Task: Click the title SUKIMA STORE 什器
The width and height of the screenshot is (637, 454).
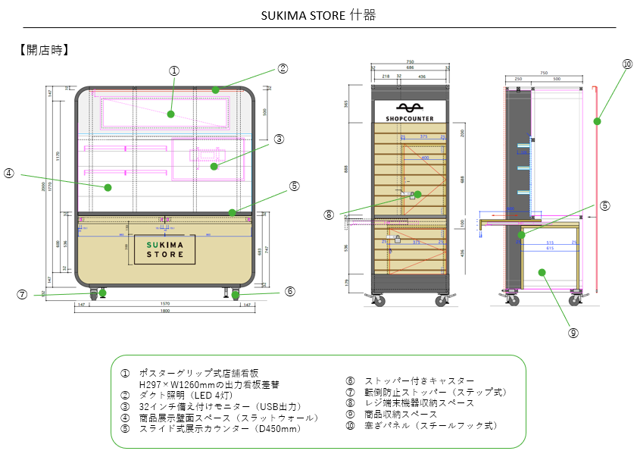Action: click(x=318, y=15)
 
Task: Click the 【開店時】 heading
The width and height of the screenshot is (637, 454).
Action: click(x=44, y=51)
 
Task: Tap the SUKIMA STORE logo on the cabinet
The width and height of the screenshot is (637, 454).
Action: click(x=165, y=249)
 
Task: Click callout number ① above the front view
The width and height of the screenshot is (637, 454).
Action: click(x=174, y=70)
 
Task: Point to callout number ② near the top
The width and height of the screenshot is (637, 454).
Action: click(x=283, y=68)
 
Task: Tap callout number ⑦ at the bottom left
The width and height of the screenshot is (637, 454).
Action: click(x=23, y=294)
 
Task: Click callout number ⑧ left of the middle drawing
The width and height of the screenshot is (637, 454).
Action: click(x=329, y=214)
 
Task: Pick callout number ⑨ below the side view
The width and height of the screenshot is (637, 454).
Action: click(x=573, y=332)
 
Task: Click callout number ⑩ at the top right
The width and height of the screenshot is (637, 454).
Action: click(x=626, y=64)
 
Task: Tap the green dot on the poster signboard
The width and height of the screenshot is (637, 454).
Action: click(x=171, y=114)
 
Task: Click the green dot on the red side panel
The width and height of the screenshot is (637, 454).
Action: click(x=597, y=121)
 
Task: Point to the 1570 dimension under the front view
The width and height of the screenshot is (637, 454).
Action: click(x=165, y=304)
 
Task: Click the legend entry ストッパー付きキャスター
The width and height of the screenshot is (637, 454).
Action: click(x=420, y=380)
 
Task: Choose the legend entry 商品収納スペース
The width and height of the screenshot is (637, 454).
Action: click(x=401, y=414)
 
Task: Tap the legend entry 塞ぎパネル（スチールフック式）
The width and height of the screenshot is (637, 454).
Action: click(x=431, y=425)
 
